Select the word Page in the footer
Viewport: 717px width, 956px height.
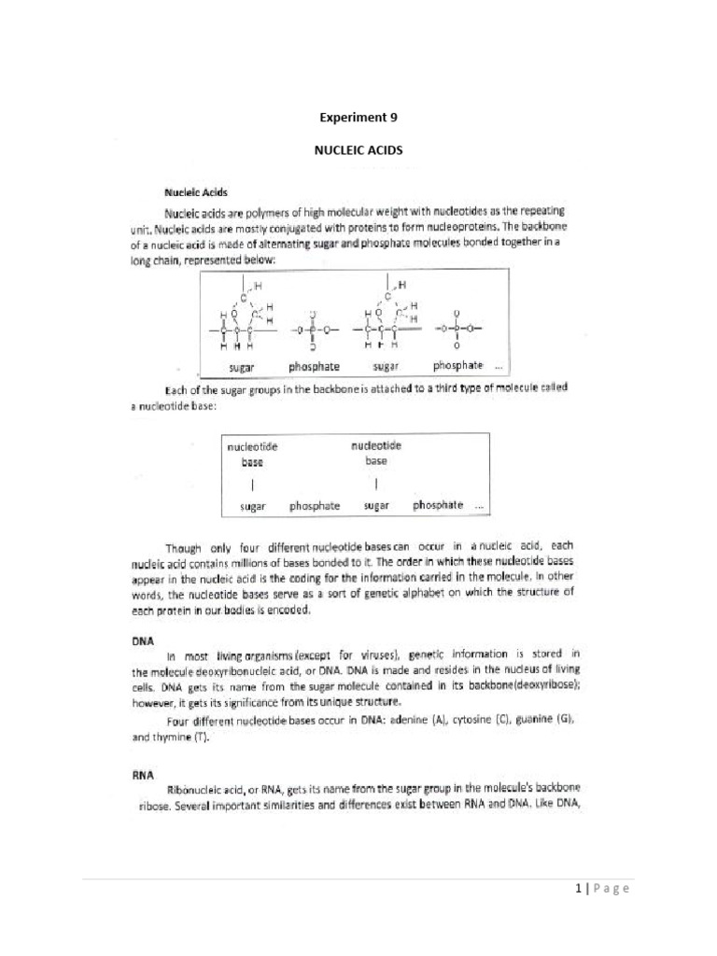pos(611,888)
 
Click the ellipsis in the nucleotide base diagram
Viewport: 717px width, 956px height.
pos(479,505)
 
